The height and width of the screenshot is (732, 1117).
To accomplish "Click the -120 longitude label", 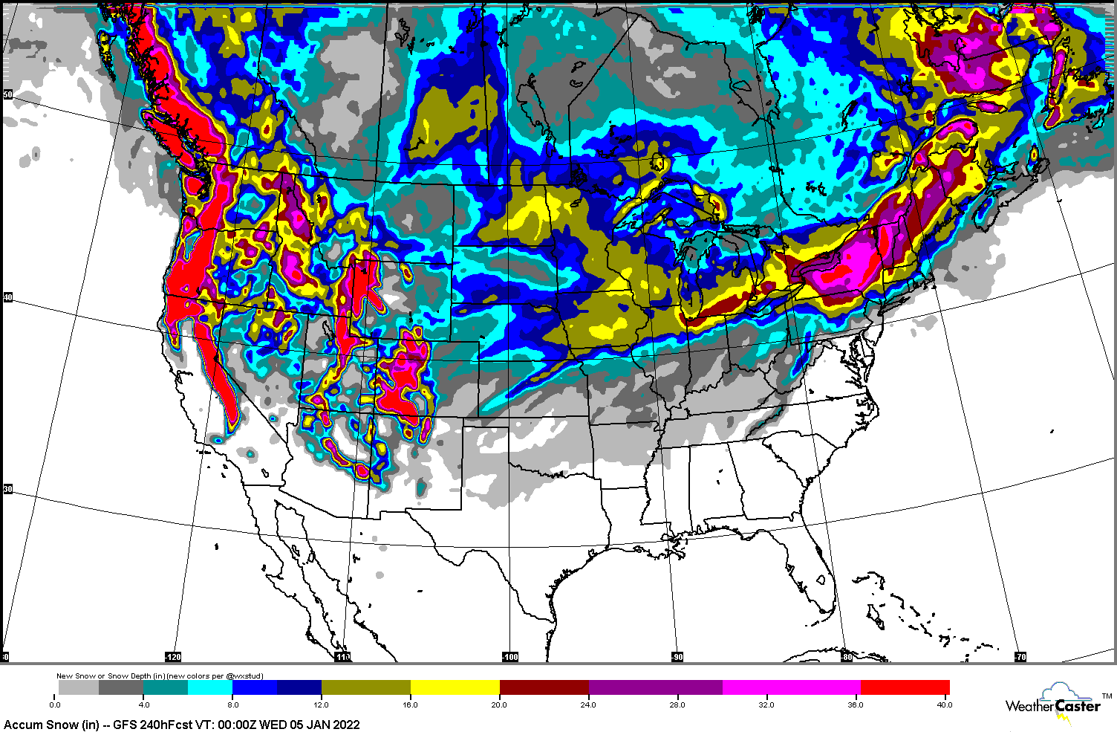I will pos(172,657).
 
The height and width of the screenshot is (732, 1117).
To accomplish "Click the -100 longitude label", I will pos(509,657).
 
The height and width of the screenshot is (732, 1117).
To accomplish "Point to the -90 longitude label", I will pos(677,657).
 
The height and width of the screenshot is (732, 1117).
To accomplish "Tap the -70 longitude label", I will pos(1020,657).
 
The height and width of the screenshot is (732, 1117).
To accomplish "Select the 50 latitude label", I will pos(7,95).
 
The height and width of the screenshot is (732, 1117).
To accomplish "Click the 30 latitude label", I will pos(7,489).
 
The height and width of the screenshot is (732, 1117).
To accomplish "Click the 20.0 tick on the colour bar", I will pos(499,705).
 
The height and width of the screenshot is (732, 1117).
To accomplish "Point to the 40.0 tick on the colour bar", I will pos(943,705).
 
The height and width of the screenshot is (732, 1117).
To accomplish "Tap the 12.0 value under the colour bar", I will pos(321,705).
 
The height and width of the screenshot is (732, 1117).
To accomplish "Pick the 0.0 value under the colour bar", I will pos(55,705).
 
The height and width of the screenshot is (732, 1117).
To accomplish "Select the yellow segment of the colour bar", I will pos(455,687).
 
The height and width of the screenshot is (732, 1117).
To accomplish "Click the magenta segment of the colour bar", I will pos(791,687).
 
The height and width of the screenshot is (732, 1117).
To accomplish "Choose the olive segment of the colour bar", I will pos(365,687).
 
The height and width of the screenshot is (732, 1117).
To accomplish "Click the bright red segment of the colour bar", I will pos(905,687).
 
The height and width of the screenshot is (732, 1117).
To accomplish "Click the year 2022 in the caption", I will pos(346,725).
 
